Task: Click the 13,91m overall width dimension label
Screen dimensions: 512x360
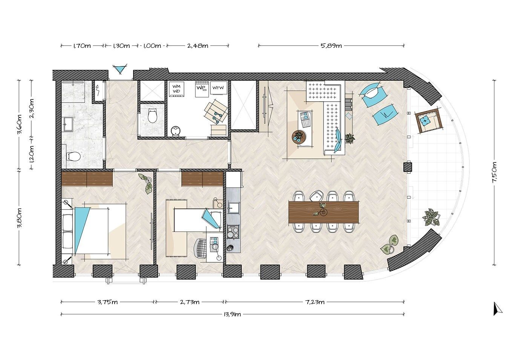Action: pos(232,314)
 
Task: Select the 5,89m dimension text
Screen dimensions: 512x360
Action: pos(331,46)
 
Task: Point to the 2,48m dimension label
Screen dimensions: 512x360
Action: pos(198,46)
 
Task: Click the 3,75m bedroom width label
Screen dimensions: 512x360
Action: pos(108,302)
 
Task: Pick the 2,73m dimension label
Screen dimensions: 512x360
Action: pos(190,302)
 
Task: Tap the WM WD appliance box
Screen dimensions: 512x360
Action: pos(176,89)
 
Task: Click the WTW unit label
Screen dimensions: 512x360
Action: pos(218,87)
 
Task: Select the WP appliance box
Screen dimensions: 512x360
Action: pos(202,89)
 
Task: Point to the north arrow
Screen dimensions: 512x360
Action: pos(497,309)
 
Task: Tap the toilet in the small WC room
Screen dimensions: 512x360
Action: pos(152,116)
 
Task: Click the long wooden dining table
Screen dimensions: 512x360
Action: pos(323,212)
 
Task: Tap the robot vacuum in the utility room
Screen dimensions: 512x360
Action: pos(176,131)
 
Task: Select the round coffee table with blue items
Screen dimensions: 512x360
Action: pos(299,137)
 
